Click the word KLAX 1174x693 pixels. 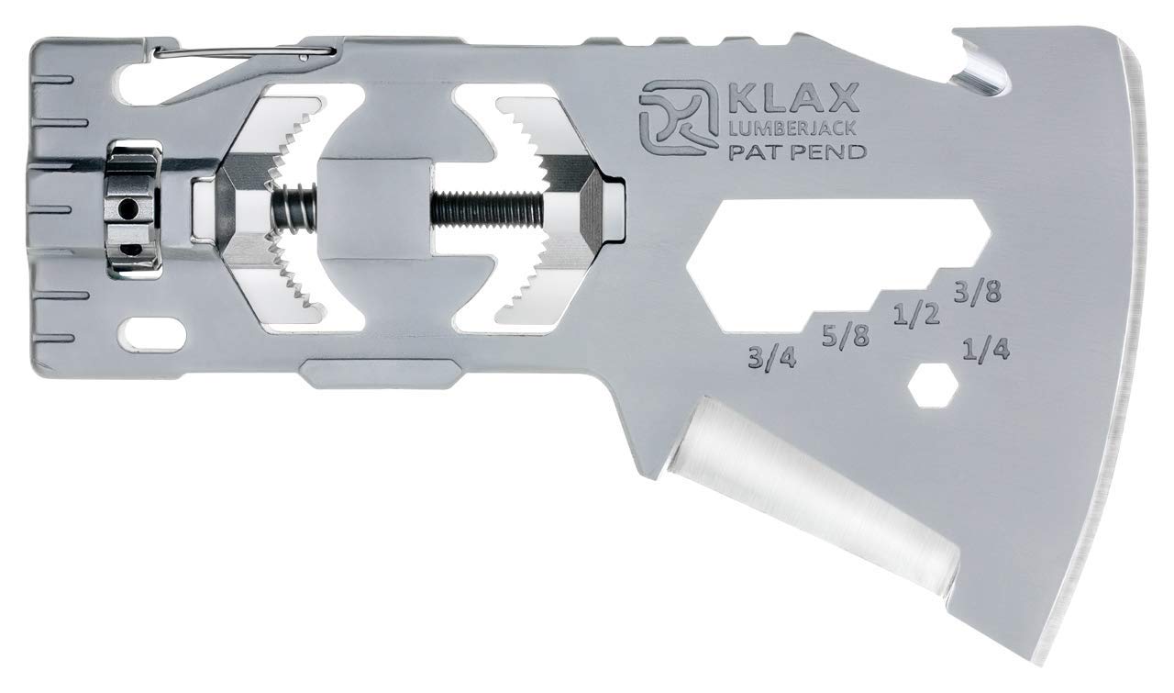click(792, 97)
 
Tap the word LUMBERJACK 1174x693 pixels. click(792, 128)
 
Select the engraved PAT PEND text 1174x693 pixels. click(797, 152)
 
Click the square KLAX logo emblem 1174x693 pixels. click(678, 117)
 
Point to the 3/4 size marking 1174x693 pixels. click(771, 359)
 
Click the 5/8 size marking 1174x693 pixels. click(846, 336)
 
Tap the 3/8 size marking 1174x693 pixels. click(977, 292)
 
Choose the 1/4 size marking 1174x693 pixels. click(986, 349)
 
